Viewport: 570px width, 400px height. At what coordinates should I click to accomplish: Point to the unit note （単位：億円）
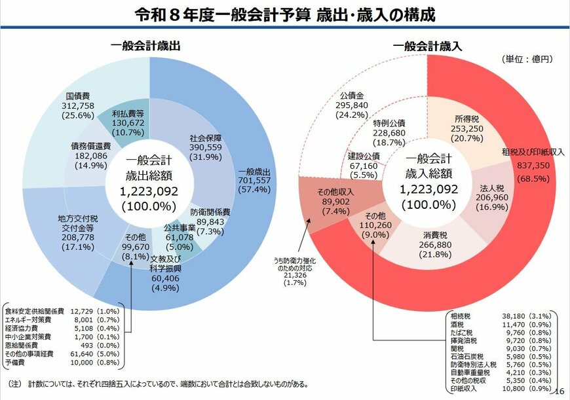[x=527, y=59]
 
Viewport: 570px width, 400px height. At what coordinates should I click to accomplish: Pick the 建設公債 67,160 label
[x=363, y=165]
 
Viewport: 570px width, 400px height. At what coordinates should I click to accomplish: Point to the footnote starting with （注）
[x=157, y=384]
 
